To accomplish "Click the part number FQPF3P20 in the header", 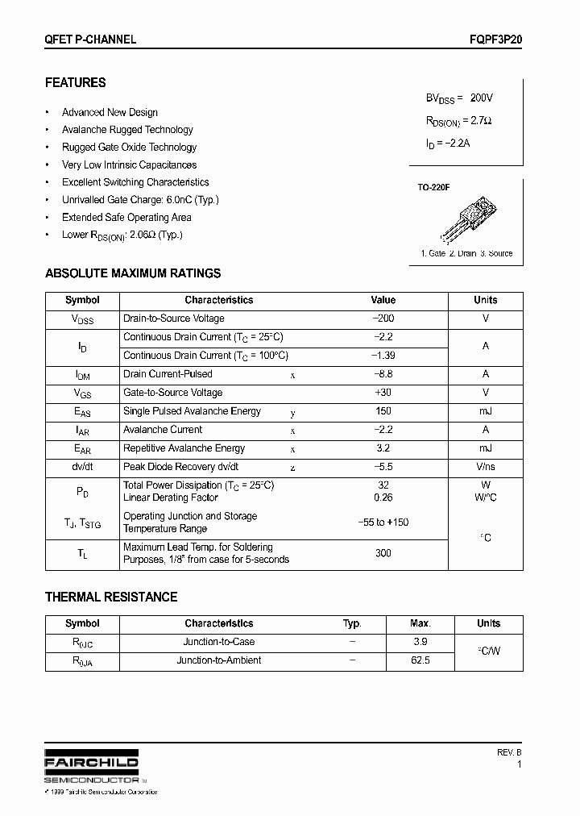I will click(494, 39).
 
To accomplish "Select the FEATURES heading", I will click(75, 82).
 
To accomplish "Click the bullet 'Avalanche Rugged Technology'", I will click(127, 130).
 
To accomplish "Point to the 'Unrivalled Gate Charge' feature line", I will click(140, 199).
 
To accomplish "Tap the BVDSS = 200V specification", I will click(459, 98).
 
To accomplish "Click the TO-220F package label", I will click(433, 187).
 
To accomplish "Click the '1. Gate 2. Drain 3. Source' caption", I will click(466, 253).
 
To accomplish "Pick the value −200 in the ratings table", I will click(383, 318).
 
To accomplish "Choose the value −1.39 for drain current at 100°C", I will click(383, 356).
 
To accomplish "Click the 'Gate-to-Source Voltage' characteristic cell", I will click(172, 393).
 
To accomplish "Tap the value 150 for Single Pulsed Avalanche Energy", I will click(383, 411).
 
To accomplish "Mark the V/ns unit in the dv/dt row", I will click(485, 467).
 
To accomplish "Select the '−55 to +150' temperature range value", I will click(383, 522).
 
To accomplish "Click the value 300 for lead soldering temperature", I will click(383, 553).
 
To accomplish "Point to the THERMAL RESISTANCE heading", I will click(111, 597).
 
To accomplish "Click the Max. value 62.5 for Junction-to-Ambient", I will click(420, 660).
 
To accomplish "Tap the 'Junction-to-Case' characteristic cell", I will click(219, 642).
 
